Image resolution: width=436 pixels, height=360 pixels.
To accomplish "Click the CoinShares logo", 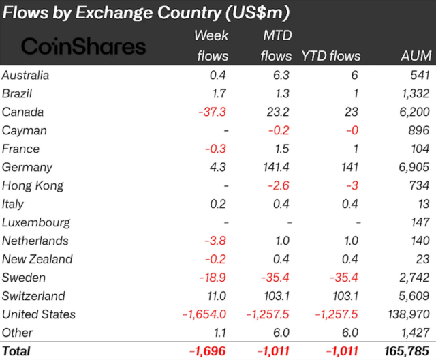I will (84, 46).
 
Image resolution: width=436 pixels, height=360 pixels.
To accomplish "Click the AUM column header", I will (416, 56).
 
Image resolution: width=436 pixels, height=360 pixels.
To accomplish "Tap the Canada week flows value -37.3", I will (212, 112).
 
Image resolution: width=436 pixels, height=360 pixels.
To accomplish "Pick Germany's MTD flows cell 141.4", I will (275, 167).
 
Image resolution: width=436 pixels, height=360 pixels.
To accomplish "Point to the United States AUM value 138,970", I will (406, 314).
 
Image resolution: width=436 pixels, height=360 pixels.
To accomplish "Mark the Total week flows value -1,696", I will (209, 352).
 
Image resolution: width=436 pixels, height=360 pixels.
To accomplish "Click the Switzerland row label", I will (34, 296).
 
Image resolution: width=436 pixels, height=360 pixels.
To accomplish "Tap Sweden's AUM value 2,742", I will (414, 277).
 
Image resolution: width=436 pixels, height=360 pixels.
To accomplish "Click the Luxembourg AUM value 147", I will (420, 222).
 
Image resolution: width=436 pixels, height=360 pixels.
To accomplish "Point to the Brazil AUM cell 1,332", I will (415, 93).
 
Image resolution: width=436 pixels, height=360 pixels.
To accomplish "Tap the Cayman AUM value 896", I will (420, 130).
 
